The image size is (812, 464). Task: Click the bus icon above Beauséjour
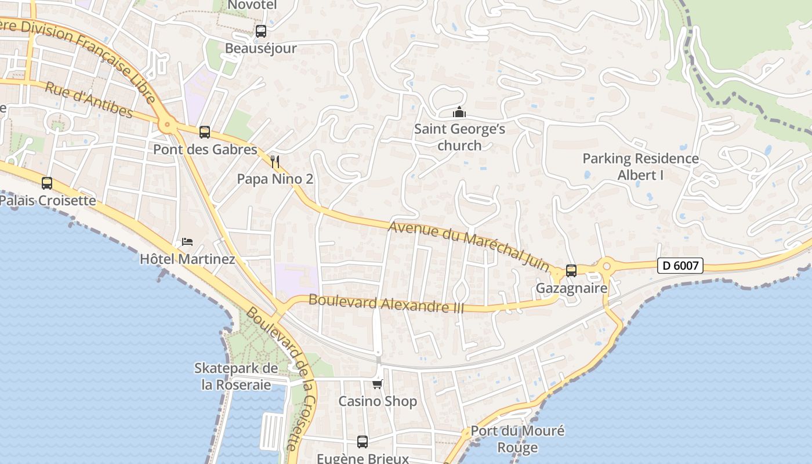point(261,31)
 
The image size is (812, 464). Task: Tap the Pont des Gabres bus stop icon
point(205,132)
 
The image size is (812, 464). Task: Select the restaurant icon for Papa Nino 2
point(275,161)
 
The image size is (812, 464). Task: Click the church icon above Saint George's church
point(459,112)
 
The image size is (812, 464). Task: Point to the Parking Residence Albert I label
point(640,166)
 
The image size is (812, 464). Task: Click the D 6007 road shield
point(680,266)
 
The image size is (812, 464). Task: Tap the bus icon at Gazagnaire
point(571,271)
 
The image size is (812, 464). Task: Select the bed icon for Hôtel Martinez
point(187,241)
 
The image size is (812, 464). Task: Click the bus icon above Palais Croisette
point(47,183)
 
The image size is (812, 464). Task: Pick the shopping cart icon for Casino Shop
point(378,384)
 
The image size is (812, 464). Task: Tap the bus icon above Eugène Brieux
point(362,442)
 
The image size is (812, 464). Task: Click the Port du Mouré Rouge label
point(517,439)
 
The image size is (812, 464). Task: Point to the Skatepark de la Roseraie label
point(236,376)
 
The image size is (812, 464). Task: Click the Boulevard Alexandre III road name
point(386,303)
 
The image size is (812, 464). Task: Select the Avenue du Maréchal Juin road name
point(469,246)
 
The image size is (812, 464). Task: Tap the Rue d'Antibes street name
point(89,100)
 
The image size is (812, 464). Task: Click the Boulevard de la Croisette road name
point(282,377)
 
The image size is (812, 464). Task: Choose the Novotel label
point(252,5)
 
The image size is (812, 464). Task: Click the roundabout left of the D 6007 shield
point(607,266)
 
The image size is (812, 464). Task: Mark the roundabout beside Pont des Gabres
point(168,124)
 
